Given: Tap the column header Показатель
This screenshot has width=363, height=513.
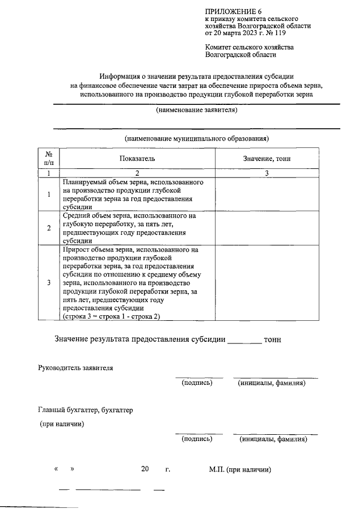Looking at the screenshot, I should click(137, 159).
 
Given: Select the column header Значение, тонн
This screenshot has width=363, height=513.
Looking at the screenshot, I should click(267, 159).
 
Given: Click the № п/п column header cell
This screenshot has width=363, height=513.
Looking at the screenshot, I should click(49, 159).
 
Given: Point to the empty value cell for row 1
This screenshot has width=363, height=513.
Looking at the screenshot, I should click(267, 194).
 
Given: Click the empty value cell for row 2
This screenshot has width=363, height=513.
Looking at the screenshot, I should click(267, 228).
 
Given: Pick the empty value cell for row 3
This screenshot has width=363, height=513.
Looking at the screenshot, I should click(267, 282).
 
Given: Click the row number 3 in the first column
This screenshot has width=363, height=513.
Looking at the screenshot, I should click(49, 282).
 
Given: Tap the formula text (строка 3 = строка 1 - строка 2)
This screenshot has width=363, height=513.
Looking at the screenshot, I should click(108, 316).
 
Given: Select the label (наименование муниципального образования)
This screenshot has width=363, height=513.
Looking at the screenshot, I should click(196, 138).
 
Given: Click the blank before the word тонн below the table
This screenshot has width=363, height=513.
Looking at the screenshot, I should click(244, 340).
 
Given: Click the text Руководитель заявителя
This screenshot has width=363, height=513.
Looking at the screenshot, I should click(75, 368).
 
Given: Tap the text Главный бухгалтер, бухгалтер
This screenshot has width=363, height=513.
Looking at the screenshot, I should click(85, 410).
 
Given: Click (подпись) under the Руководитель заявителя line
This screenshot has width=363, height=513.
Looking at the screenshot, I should click(197, 384).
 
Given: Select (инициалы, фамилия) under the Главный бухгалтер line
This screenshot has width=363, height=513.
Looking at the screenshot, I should click(273, 439).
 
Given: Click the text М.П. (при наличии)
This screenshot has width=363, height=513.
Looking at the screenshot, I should click(240, 469).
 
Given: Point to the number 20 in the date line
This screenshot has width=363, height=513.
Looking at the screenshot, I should click(145, 469).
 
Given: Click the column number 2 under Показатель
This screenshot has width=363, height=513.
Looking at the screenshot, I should click(137, 173).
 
